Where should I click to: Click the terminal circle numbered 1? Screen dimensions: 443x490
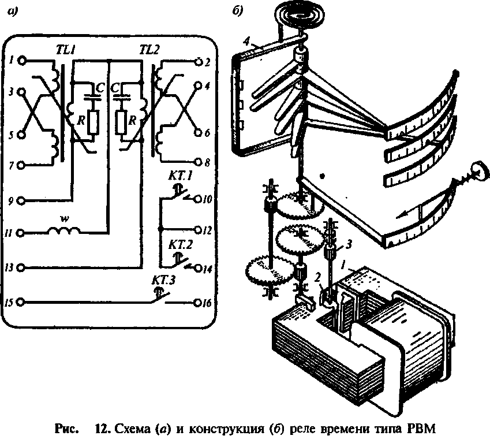pos(22,59)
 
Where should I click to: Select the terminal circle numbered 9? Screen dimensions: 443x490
pos(22,200)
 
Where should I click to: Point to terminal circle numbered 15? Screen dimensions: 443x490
pos(22,302)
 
